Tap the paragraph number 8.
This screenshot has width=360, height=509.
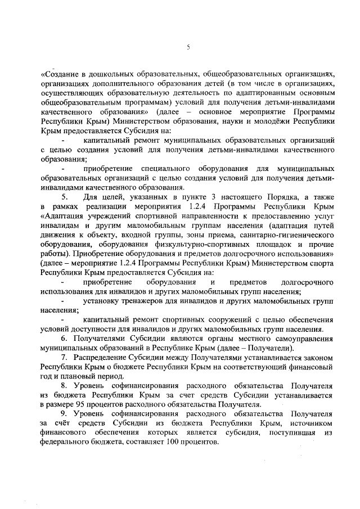(x=65, y=385)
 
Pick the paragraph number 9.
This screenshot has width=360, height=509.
(x=65, y=415)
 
